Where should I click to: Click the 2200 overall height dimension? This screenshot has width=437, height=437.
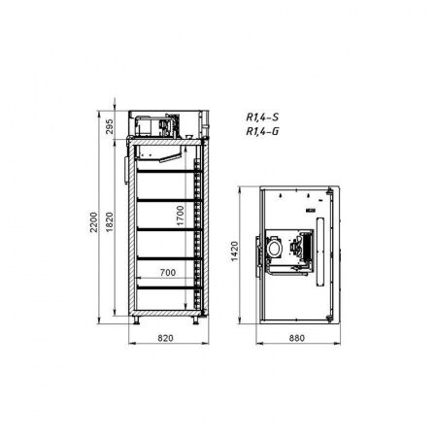click(x=93, y=222)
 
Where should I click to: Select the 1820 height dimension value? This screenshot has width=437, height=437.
click(x=110, y=222)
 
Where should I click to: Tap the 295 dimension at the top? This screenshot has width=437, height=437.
click(x=110, y=126)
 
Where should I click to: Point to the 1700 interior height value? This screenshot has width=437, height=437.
click(x=181, y=216)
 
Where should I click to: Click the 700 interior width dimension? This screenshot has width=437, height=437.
click(x=168, y=273)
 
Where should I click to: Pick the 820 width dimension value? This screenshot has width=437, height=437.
click(x=165, y=338)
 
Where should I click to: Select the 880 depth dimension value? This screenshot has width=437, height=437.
click(x=296, y=338)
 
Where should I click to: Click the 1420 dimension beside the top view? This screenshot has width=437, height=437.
click(x=234, y=252)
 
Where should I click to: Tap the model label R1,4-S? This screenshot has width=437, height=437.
click(x=262, y=118)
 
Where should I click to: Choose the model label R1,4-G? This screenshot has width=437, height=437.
click(x=262, y=131)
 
